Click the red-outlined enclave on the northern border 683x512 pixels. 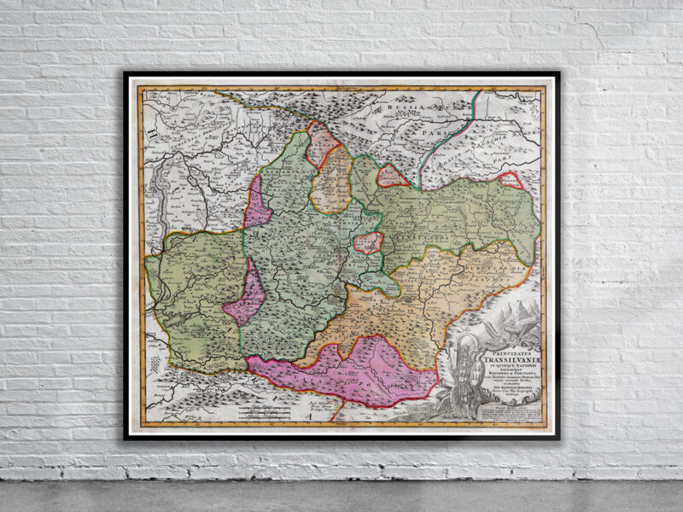pyautogui.click(x=393, y=177)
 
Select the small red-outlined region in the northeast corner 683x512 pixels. pyautogui.click(x=511, y=180)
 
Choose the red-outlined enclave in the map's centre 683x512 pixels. pyautogui.click(x=368, y=242)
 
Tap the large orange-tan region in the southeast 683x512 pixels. pyautogui.click(x=444, y=290)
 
